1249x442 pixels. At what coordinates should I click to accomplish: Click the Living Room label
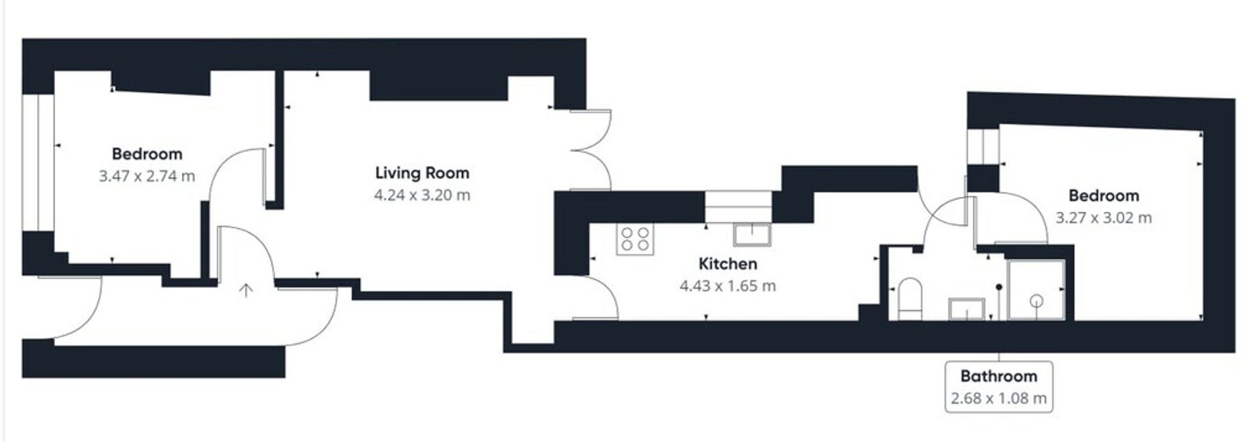coord(422,173)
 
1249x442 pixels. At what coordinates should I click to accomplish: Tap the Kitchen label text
coord(728,264)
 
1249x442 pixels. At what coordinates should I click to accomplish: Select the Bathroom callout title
coord(999,376)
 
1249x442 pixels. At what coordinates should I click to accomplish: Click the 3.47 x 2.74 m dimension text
coord(147,176)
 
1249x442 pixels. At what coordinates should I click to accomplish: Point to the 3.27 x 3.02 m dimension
coord(1104,218)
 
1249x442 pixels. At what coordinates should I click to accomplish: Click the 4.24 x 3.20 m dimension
coord(422,195)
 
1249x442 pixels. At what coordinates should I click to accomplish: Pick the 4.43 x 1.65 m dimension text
coord(728,286)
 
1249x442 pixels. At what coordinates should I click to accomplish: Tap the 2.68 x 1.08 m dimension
coord(999,398)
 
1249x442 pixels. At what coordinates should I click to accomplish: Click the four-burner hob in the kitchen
coord(635,239)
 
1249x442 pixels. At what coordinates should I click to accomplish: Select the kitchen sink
coord(752,235)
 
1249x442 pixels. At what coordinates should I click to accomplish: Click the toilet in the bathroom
coord(910,298)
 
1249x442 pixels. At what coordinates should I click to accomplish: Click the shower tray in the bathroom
coord(1036,290)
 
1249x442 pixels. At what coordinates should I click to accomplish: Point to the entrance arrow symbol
coord(246,291)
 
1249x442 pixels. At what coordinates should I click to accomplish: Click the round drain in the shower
coord(1037,300)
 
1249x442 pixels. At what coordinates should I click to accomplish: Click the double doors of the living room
coord(591,149)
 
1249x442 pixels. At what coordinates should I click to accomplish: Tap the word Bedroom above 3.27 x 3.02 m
coord(1104,196)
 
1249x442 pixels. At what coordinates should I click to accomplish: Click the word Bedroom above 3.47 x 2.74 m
coord(147,154)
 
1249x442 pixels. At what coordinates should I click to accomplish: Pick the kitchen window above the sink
coord(738,207)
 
